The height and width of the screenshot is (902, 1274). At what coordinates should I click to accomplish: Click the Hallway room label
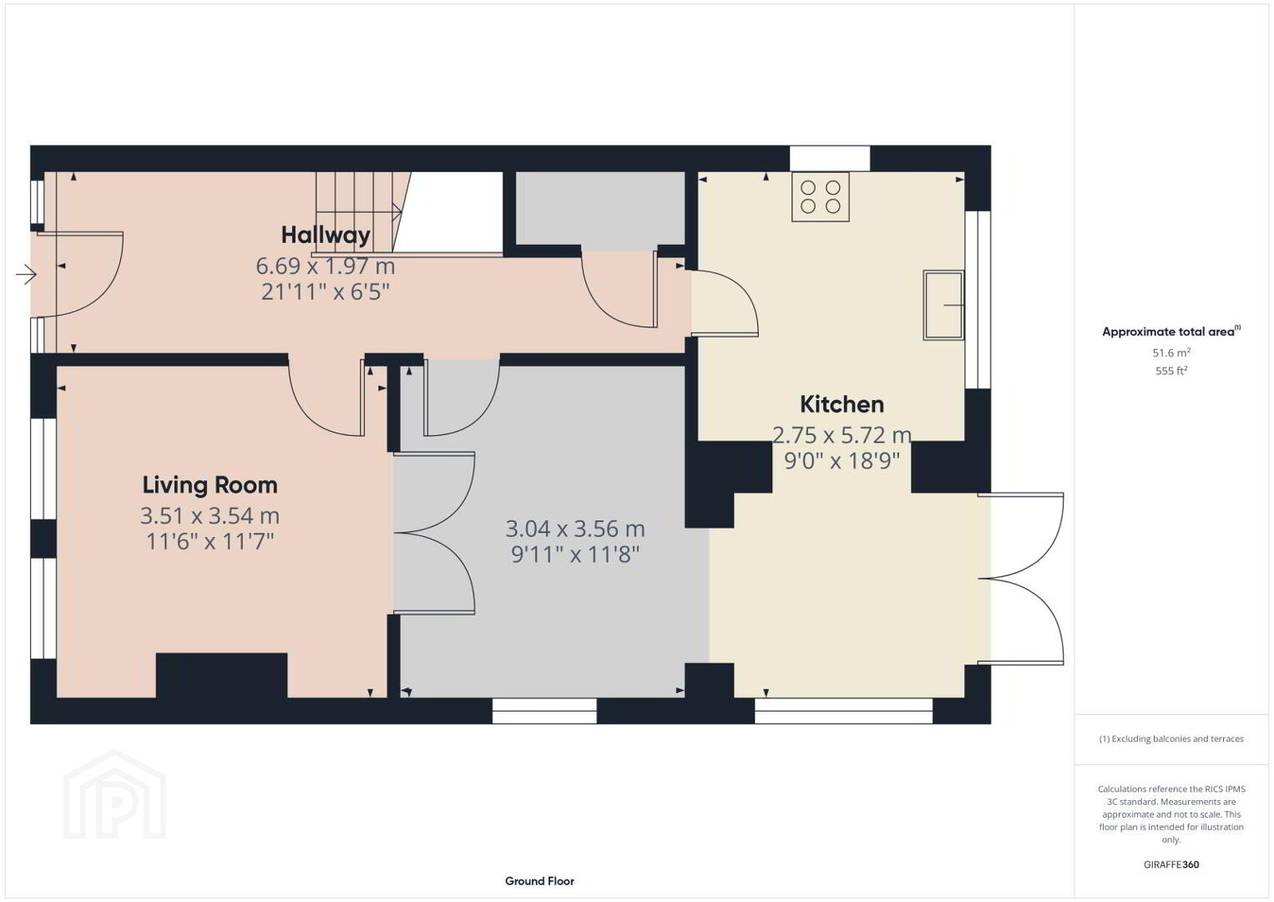tap(326, 235)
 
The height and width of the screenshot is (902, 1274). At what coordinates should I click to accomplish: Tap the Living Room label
tap(210, 485)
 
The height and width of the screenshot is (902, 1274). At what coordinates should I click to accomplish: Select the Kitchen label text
tap(842, 404)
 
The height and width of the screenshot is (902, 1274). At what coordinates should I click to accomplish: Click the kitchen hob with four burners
tap(820, 197)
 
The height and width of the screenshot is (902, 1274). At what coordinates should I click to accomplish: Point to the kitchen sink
tap(943, 305)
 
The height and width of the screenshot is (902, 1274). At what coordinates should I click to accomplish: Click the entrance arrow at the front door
tap(26, 275)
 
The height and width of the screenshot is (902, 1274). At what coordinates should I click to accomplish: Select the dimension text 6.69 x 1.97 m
tap(325, 266)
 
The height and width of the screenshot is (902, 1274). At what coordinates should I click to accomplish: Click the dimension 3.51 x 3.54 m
tap(210, 515)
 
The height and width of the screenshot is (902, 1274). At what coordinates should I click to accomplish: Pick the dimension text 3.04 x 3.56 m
tap(575, 529)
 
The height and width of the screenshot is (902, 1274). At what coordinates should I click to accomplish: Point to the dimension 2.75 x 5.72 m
tap(842, 435)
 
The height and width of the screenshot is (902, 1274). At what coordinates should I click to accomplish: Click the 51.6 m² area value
tap(1171, 352)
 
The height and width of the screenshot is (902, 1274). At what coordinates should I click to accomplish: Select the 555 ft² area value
tap(1171, 371)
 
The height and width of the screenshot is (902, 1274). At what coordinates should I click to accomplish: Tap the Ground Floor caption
tap(540, 881)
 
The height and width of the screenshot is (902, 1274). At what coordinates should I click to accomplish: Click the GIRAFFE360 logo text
tap(1171, 864)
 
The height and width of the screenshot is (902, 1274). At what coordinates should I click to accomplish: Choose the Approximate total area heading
tap(1171, 332)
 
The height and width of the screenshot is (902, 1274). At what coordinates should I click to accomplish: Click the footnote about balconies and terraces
tap(1171, 738)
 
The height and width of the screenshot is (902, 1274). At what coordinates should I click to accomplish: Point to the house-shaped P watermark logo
tap(114, 794)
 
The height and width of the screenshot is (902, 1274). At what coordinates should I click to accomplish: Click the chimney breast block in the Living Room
tap(221, 676)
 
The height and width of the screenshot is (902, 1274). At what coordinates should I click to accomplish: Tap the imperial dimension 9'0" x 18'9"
tap(842, 460)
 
